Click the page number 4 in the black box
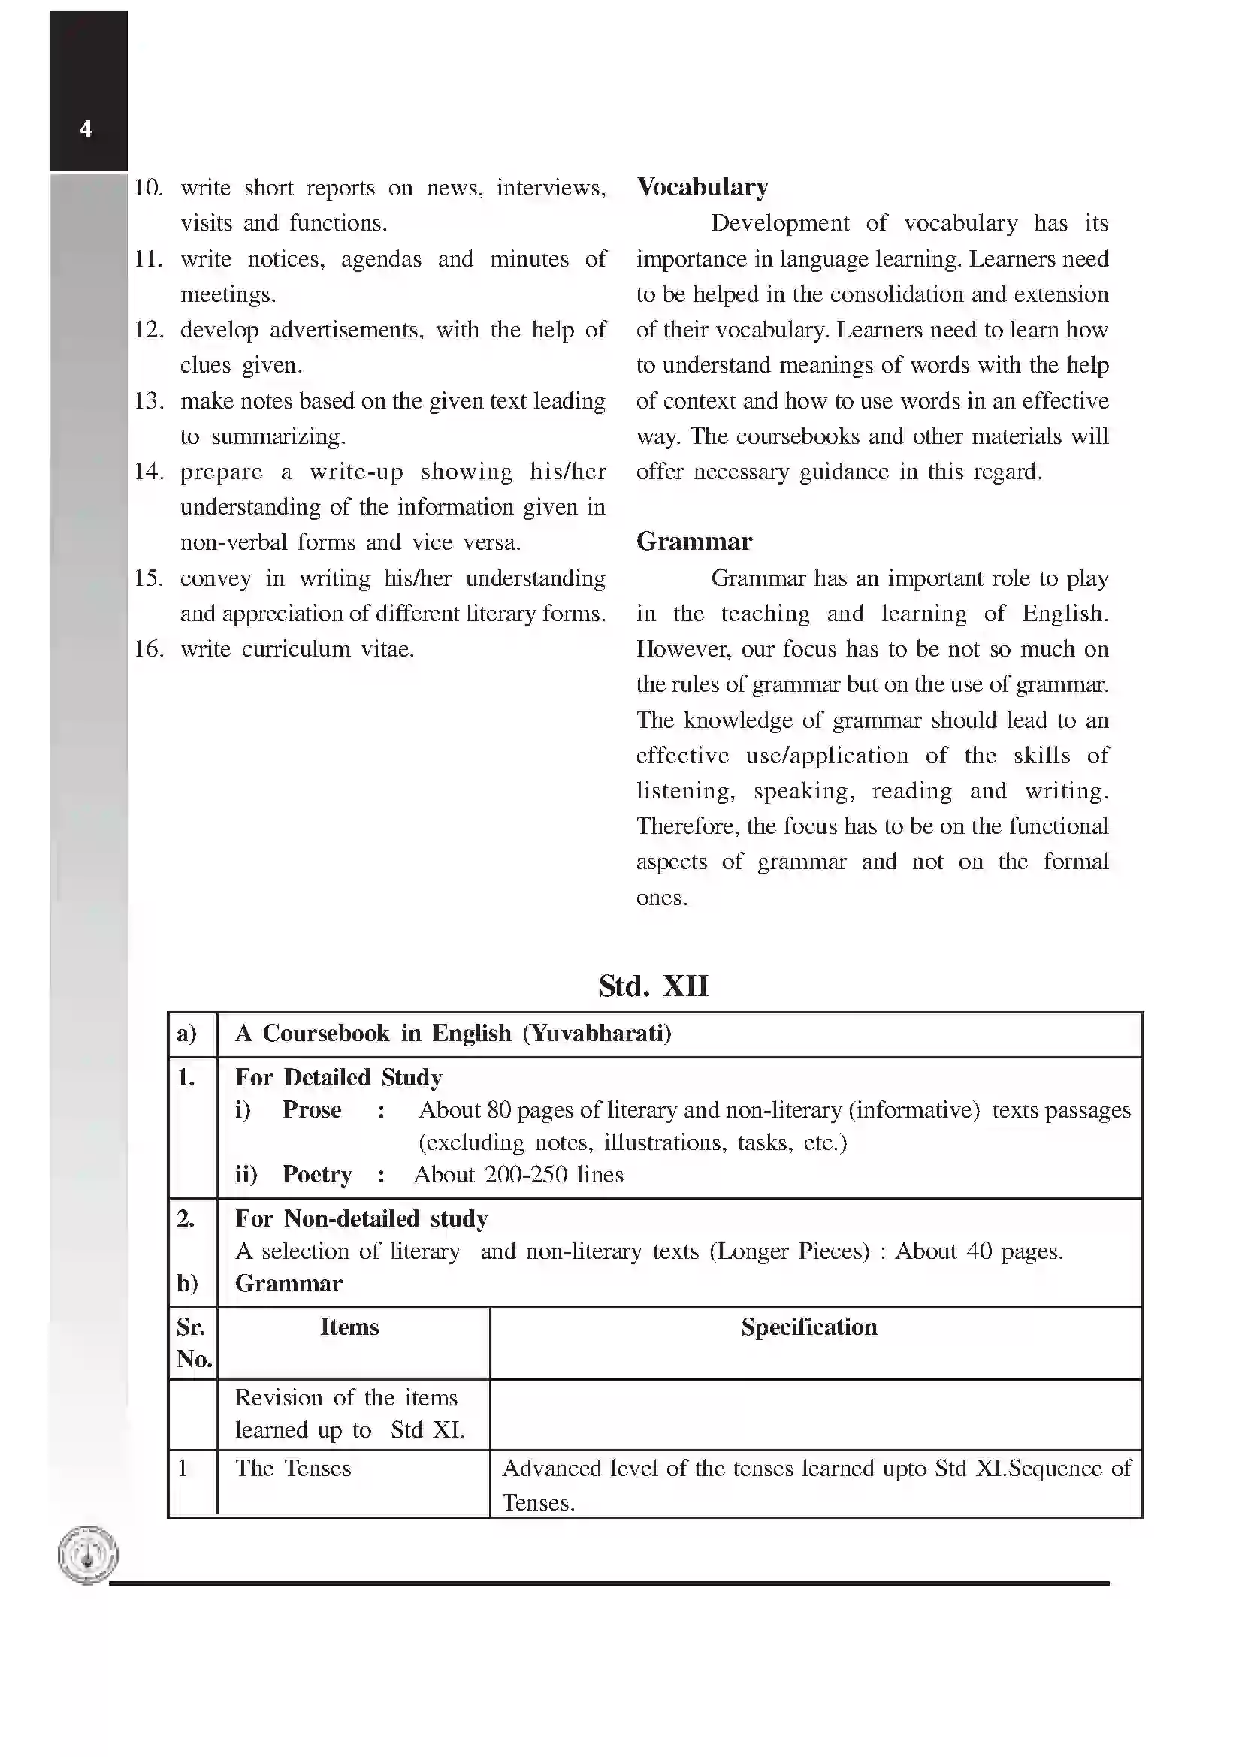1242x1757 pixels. pos(86,128)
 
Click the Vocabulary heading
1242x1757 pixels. pos(702,188)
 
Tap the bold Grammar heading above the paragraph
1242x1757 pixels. pos(694,542)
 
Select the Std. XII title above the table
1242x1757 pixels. pos(653,986)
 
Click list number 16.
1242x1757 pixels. pos(149,649)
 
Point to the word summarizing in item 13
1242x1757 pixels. pos(278,436)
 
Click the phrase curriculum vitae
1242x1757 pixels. pos(328,649)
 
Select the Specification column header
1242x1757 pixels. pos(808,1327)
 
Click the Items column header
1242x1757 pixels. pos(349,1327)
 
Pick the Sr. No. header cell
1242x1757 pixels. pos(193,1342)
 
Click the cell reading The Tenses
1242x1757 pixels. pos(292,1468)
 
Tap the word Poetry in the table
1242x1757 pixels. pos(317,1175)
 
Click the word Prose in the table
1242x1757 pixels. pos(312,1109)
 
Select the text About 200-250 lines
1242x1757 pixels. pos(518,1175)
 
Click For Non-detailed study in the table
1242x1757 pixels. pos(361,1218)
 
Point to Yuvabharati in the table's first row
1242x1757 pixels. pos(596,1033)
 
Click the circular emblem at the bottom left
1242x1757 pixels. pos(88,1554)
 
